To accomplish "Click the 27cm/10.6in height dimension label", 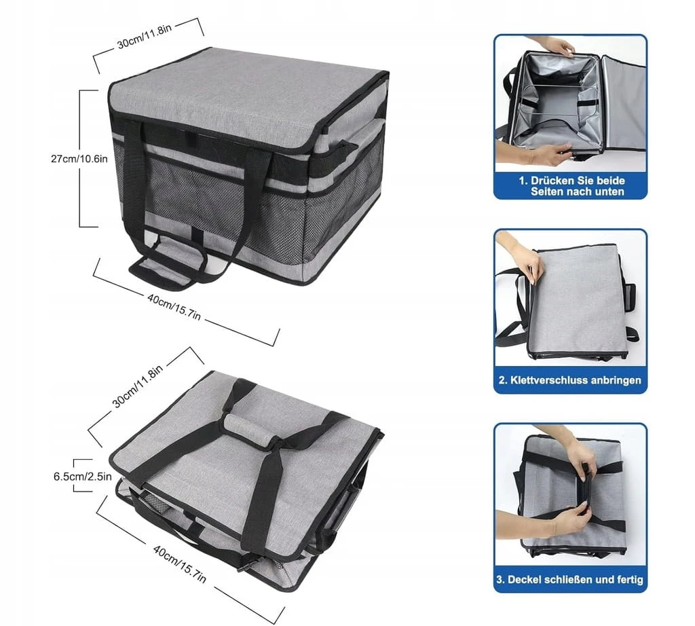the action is click(x=79, y=158).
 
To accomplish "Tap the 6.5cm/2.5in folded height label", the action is click(x=82, y=477).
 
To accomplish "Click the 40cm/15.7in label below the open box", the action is click(x=174, y=307).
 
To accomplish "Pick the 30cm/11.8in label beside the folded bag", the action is click(x=137, y=386).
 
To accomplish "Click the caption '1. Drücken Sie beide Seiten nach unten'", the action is click(x=571, y=186).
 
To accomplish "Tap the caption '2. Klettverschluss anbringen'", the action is click(x=570, y=380).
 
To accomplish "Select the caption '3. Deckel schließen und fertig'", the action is click(x=569, y=579).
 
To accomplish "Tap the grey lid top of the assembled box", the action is click(x=248, y=100).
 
